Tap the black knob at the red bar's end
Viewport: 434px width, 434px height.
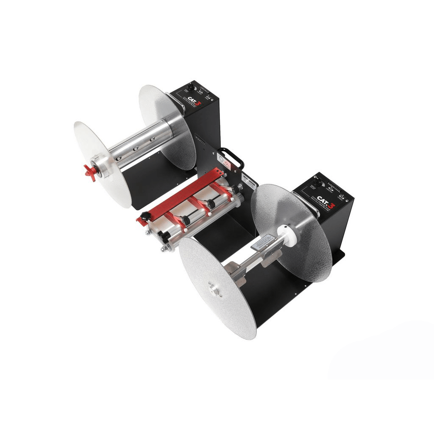tap(145, 216)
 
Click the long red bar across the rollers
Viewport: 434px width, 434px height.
tap(182, 194)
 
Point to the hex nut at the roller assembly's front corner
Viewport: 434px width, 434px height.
tap(163, 249)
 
